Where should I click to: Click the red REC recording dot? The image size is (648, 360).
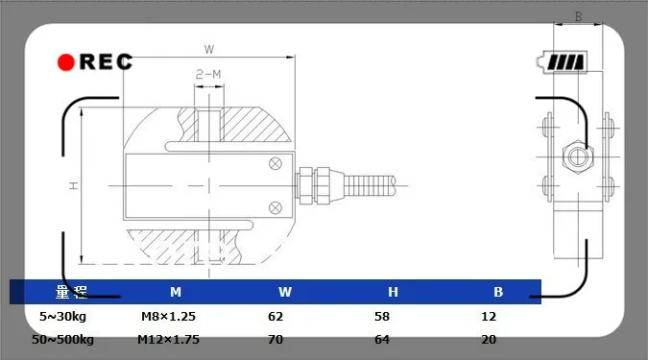[x=65, y=62]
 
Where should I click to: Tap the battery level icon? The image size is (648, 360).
[x=563, y=62]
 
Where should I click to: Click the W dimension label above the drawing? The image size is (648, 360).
[x=209, y=50]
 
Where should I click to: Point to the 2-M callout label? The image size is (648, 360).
[x=208, y=74]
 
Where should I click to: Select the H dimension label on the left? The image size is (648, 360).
[x=74, y=185]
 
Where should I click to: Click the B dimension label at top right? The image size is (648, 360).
[x=579, y=16]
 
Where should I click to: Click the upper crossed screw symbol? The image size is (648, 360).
[x=276, y=163]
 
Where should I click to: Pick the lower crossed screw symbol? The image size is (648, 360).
[x=276, y=207]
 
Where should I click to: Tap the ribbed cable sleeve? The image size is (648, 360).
[x=370, y=185]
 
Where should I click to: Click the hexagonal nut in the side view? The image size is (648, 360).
[x=578, y=156]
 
